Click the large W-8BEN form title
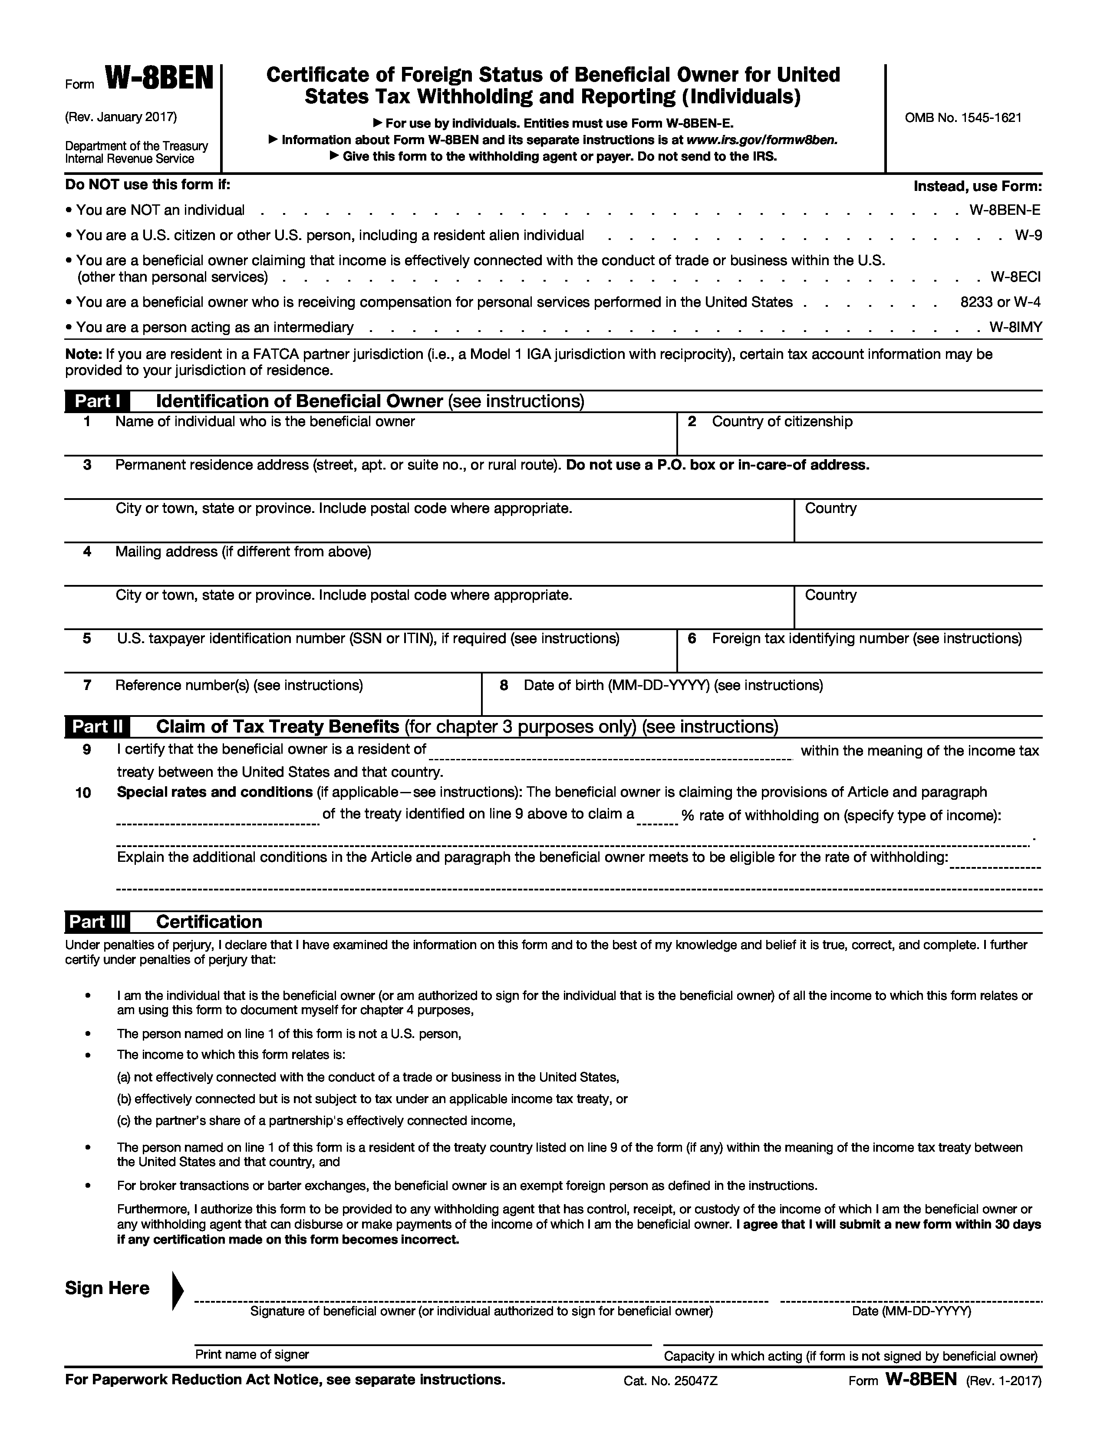(159, 80)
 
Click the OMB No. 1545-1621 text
(963, 118)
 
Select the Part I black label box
(97, 401)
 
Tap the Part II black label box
(97, 726)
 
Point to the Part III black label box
(97, 922)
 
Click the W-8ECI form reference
(1015, 277)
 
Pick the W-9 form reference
(1028, 235)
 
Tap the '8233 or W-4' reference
(1000, 302)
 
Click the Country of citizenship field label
(782, 422)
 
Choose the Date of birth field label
(673, 685)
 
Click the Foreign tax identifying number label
(866, 639)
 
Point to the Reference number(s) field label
(239, 685)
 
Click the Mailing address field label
(243, 552)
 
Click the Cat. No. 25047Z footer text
(670, 1381)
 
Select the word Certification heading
(208, 922)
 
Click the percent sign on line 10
(687, 816)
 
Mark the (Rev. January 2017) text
(121, 117)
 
